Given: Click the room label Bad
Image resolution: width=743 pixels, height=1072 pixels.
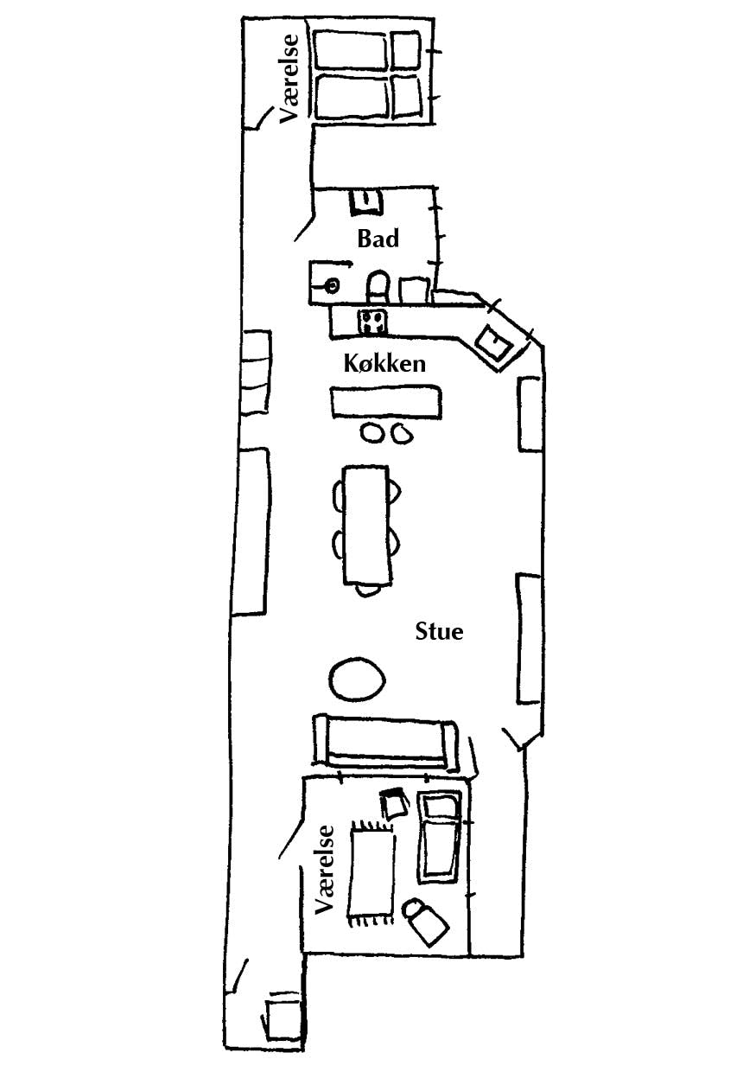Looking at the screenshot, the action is point(378,239).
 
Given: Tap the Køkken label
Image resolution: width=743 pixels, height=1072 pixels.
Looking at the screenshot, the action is point(384,364).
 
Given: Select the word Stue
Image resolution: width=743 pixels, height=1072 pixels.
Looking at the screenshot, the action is point(439,632).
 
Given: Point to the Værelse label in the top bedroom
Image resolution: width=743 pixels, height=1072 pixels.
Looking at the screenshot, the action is point(289,79).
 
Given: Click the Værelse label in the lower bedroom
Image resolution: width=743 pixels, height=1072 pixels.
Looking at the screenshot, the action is point(324,870).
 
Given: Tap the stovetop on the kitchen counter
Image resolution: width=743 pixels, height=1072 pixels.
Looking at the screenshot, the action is point(373,322).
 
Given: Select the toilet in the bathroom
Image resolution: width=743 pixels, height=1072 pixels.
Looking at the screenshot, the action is point(378,286).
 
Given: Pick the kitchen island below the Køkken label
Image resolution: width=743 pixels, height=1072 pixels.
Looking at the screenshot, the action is point(385,402).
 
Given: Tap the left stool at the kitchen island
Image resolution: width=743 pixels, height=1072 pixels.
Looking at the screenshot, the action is point(371,433).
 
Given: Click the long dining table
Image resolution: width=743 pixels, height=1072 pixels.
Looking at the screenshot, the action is point(366,525).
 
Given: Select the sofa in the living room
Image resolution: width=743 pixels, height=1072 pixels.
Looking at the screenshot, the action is point(384,744).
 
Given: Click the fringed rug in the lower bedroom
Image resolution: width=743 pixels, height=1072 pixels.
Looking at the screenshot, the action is point(371,873).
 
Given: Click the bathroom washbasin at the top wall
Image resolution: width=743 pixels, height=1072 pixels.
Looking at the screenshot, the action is point(366,201).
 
